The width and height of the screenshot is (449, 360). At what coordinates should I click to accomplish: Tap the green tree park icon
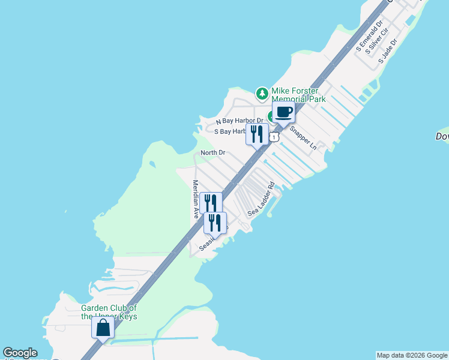coord(262,93)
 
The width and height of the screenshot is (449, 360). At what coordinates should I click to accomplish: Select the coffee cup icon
coord(284,112)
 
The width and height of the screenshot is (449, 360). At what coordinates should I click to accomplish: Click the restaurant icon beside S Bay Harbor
coord(257,134)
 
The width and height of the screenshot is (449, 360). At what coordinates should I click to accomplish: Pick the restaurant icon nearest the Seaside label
coord(215,223)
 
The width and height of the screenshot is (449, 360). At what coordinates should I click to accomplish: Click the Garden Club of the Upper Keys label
coord(109,312)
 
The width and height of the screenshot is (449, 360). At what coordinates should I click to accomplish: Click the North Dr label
coord(212,153)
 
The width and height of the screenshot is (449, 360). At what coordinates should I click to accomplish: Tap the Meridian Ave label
coord(195,199)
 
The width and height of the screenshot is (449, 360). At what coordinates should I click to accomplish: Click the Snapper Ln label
coord(303,137)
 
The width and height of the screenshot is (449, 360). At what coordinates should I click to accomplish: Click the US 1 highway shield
coord(274,137)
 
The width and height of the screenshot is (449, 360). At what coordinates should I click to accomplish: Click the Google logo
coord(20,353)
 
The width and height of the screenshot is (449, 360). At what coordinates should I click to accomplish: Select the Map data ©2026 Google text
coord(412,355)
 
